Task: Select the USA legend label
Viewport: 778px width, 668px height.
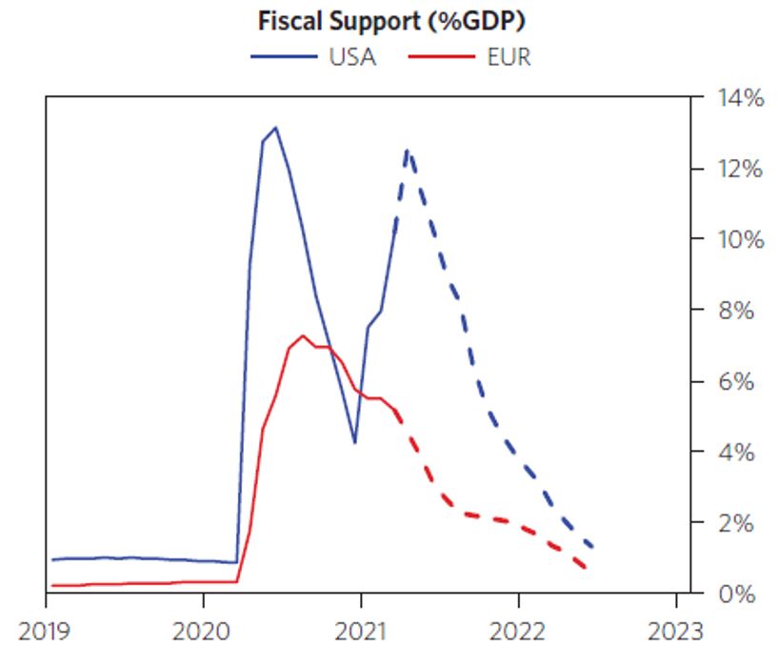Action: pos(352,57)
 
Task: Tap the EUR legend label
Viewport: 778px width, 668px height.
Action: pos(509,57)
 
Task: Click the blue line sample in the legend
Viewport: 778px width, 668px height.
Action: pos(284,57)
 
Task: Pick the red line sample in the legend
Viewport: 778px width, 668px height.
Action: pos(441,57)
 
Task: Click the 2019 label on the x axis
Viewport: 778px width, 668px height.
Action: pos(45,632)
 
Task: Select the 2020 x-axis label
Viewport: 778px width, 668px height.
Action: pos(203,632)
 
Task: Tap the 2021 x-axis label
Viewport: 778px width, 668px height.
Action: pos(361,632)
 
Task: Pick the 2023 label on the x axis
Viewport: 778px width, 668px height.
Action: pos(676,632)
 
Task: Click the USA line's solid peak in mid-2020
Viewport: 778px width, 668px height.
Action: pos(275,127)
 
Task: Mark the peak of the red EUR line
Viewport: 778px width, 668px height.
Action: pos(303,335)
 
